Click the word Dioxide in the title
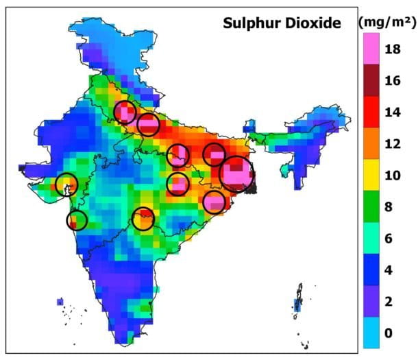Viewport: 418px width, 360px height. (312, 24)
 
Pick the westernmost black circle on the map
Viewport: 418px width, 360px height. (66, 184)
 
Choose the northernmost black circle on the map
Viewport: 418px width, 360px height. (125, 112)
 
